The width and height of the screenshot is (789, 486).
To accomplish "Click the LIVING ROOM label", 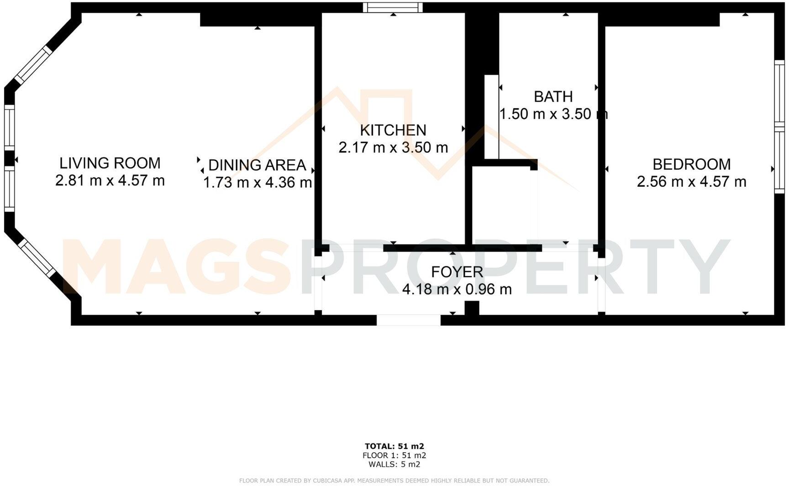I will (x=110, y=163).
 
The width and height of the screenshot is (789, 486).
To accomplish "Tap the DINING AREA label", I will (x=257, y=165).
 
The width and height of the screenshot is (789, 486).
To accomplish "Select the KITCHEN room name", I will (x=393, y=130).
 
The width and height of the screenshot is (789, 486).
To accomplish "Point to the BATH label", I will (x=553, y=96).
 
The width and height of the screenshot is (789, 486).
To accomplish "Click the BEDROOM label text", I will (x=691, y=164).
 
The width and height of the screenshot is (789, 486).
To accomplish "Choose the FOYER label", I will (x=457, y=272).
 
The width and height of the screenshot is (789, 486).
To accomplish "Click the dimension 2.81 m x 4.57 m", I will (x=110, y=180).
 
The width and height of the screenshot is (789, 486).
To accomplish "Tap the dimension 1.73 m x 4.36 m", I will (x=257, y=182).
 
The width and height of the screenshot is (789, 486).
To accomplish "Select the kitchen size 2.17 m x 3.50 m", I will (x=393, y=148).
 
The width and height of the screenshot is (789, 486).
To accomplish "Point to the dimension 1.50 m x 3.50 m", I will (x=553, y=114).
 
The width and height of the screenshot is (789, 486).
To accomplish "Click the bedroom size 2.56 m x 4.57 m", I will (x=691, y=181).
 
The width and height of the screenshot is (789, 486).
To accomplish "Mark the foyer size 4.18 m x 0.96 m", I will (x=457, y=289).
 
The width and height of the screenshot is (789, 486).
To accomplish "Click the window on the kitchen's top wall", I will (x=393, y=7).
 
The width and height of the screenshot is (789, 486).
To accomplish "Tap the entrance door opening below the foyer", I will (x=409, y=319).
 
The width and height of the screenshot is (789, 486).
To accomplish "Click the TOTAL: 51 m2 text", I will (x=394, y=446).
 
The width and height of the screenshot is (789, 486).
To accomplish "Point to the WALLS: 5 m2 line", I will (x=394, y=465).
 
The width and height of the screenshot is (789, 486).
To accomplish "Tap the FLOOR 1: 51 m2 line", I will (x=394, y=455).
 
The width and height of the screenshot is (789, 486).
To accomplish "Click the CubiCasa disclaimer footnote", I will (x=394, y=481).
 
